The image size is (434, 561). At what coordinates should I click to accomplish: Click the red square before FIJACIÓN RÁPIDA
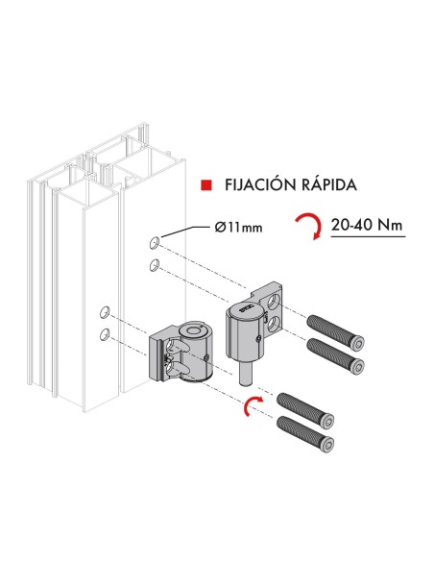point(205,183)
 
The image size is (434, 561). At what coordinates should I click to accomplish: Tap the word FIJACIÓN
point(253,183)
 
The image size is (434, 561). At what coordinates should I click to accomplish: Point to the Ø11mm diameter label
point(235,228)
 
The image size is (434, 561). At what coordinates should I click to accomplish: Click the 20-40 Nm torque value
point(366,227)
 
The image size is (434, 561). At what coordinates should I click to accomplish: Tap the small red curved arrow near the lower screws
point(252,404)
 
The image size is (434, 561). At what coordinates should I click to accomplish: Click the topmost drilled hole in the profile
point(155,240)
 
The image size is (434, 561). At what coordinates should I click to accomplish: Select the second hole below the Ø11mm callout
point(155,264)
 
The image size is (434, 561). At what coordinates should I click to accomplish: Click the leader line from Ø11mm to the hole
point(181,232)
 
